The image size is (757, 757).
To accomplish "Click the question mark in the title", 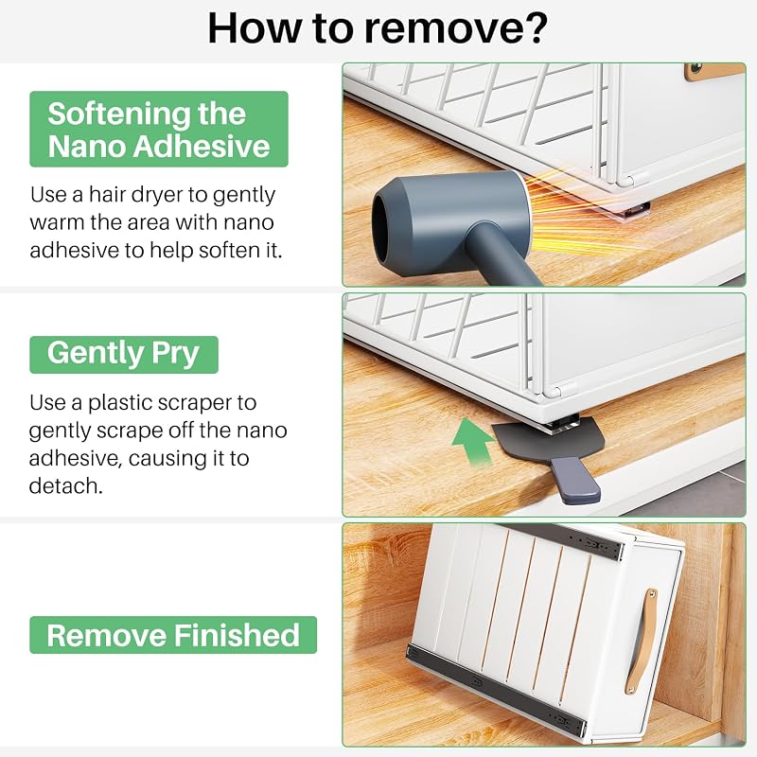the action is tap(535, 28).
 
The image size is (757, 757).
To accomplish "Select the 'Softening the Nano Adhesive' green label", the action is tap(159, 129).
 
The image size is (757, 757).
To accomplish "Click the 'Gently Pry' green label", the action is tap(124, 354).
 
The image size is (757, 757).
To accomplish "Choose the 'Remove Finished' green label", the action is tap(173, 635).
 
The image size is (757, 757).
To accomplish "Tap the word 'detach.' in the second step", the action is tap(66, 485).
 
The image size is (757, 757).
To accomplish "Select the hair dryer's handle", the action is tap(502, 255).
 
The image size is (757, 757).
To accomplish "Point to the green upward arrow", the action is tap(472, 441).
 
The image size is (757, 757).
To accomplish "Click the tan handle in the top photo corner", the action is tap(714, 72).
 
